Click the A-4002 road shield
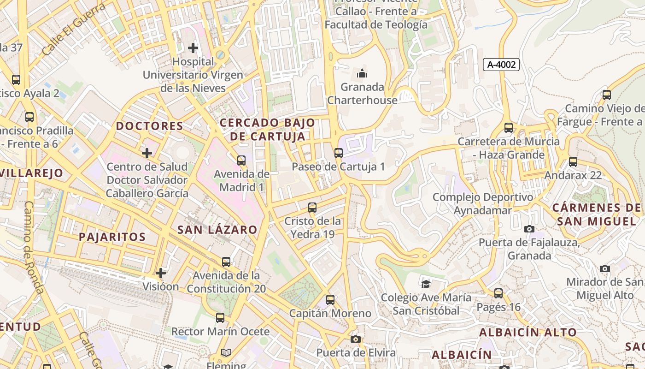(x=501, y=65)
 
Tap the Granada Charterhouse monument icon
(x=362, y=73)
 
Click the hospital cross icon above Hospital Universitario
(x=193, y=48)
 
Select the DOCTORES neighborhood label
(x=149, y=126)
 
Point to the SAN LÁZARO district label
(x=217, y=230)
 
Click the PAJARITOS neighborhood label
(x=112, y=237)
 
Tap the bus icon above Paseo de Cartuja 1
(x=339, y=153)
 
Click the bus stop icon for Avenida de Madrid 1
(x=241, y=161)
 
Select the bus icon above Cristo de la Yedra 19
(x=312, y=208)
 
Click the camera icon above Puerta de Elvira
(x=355, y=339)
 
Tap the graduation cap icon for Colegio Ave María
(x=426, y=284)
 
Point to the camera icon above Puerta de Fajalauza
(x=529, y=229)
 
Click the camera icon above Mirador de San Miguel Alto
(x=605, y=268)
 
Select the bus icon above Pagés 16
(x=498, y=293)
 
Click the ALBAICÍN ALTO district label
(x=528, y=332)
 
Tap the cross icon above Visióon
(x=160, y=273)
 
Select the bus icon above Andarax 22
(x=573, y=162)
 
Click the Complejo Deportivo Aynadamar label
(x=482, y=204)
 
